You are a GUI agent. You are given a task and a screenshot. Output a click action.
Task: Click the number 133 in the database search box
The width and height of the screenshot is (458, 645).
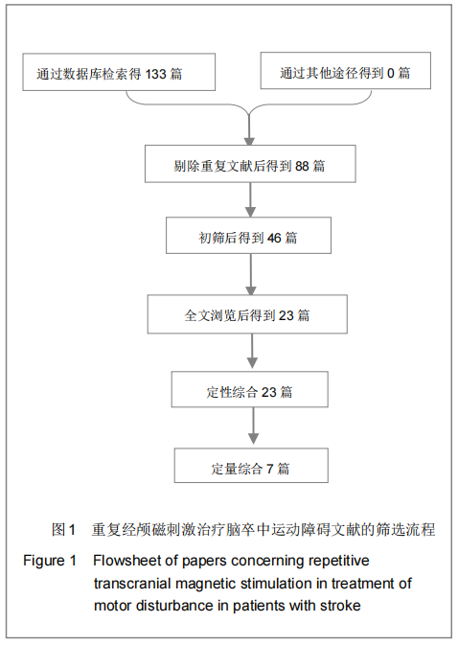pos(155,74)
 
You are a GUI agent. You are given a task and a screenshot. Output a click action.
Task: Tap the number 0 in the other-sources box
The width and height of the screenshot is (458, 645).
pos(391,73)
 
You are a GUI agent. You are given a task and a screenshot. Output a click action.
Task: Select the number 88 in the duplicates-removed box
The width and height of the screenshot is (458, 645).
pos(302,166)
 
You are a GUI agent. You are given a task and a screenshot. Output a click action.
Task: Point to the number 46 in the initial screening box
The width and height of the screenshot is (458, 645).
pos(274,238)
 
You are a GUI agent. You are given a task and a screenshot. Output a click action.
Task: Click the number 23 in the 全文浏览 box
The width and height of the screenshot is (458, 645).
pos(286,315)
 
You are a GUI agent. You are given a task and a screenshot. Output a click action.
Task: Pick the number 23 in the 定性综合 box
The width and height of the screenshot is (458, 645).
pos(269,392)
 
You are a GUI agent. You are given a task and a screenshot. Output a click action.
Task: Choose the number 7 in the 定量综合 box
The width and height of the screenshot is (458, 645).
pos(269,469)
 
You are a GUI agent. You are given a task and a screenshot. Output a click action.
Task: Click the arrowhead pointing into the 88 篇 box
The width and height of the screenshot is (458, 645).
pos(249,141)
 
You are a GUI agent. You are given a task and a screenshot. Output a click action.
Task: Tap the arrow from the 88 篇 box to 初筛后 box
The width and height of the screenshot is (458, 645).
pos(250,199)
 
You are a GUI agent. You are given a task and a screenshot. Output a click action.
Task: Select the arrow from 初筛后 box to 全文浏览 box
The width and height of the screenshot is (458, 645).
pos(251,274)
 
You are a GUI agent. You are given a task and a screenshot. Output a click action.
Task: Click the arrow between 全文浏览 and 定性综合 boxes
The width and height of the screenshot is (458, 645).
pos(252,351)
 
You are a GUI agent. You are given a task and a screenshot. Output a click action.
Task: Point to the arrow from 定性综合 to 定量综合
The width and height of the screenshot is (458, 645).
pos(253,426)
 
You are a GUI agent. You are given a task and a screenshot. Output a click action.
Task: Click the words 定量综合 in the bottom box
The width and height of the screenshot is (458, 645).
pos(237,469)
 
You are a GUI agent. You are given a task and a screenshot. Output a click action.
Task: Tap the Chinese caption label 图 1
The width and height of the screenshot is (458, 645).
pos(64,529)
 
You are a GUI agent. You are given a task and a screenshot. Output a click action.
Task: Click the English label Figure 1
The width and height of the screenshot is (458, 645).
pos(50,561)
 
